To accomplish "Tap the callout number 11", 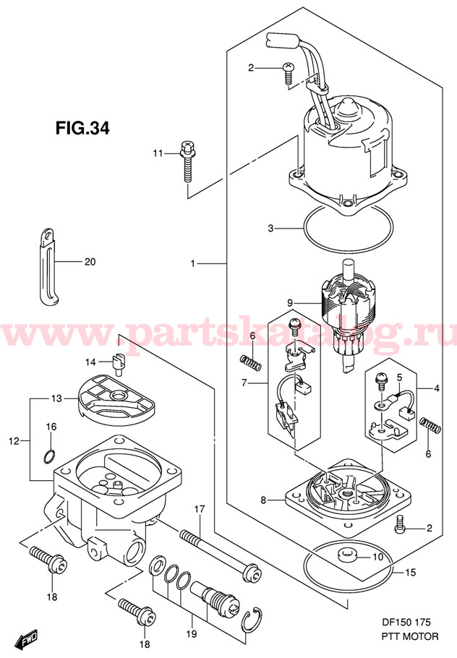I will click(x=158, y=153).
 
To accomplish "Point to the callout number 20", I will click(x=89, y=262).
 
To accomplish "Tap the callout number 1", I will click(x=193, y=264).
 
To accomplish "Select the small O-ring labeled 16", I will click(x=48, y=456).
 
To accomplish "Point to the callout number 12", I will click(x=14, y=440).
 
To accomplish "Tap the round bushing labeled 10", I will click(x=345, y=556).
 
